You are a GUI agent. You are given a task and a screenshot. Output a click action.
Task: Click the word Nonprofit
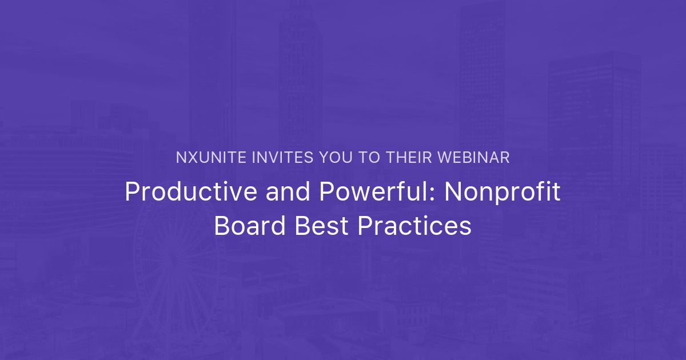tap(502, 193)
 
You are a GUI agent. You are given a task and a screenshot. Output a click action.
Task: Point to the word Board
tap(249, 227)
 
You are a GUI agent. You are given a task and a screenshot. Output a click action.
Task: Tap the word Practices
tap(414, 227)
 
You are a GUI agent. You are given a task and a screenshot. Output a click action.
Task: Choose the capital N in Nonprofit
tap(453, 193)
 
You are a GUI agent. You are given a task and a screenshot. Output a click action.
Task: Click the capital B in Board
tap(221, 227)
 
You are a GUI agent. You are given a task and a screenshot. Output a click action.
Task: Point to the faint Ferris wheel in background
tap(171, 269)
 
